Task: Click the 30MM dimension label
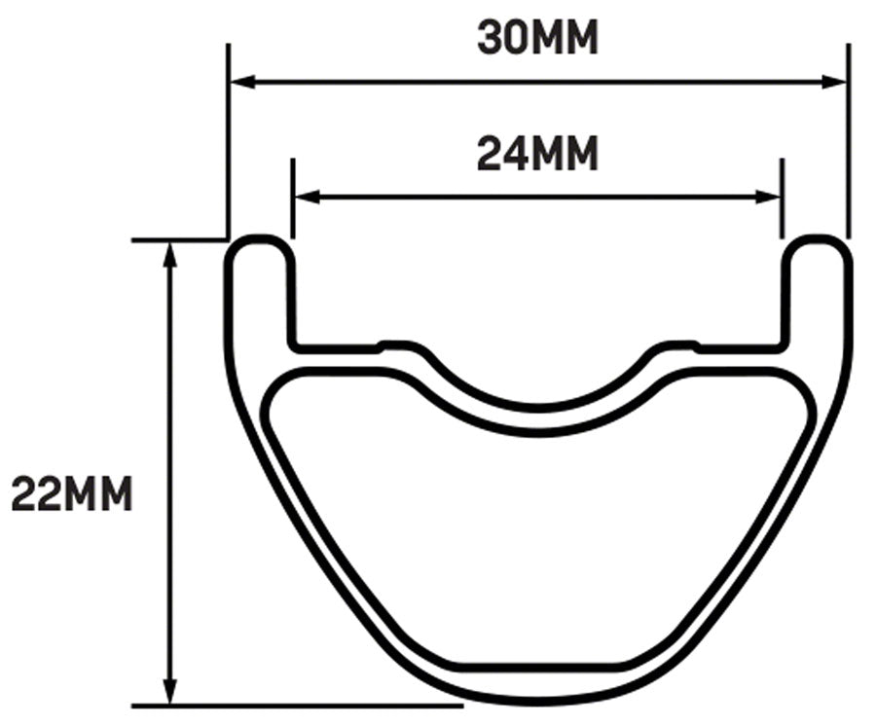click(537, 38)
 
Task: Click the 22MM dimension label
click(71, 493)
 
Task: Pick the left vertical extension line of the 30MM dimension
click(227, 136)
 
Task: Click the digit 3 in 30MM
click(490, 38)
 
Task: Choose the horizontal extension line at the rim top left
click(180, 239)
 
